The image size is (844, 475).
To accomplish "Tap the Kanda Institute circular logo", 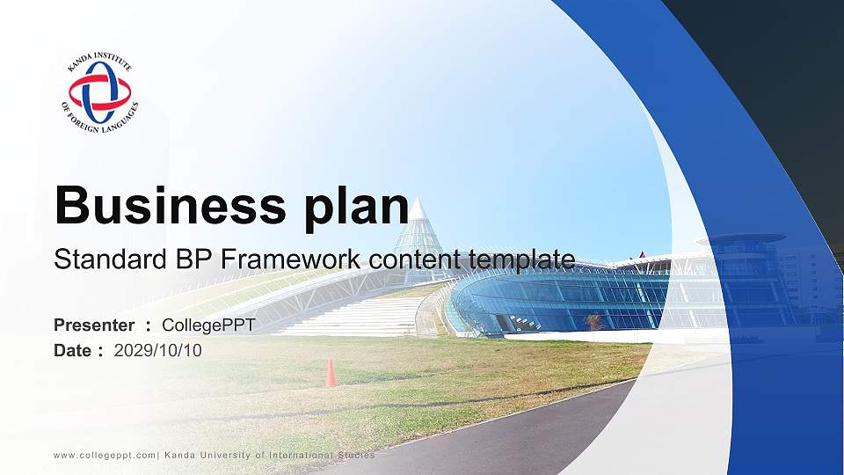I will pos(100,92).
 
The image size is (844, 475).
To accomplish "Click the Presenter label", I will pos(94,325).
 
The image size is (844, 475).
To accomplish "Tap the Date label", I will pos(74,350).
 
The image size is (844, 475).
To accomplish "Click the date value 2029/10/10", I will pos(158,350).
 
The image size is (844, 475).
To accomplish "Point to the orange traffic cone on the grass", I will pos(331,373).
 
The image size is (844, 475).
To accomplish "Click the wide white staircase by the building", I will pos(352,314).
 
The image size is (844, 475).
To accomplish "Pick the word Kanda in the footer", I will pos(180,455).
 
